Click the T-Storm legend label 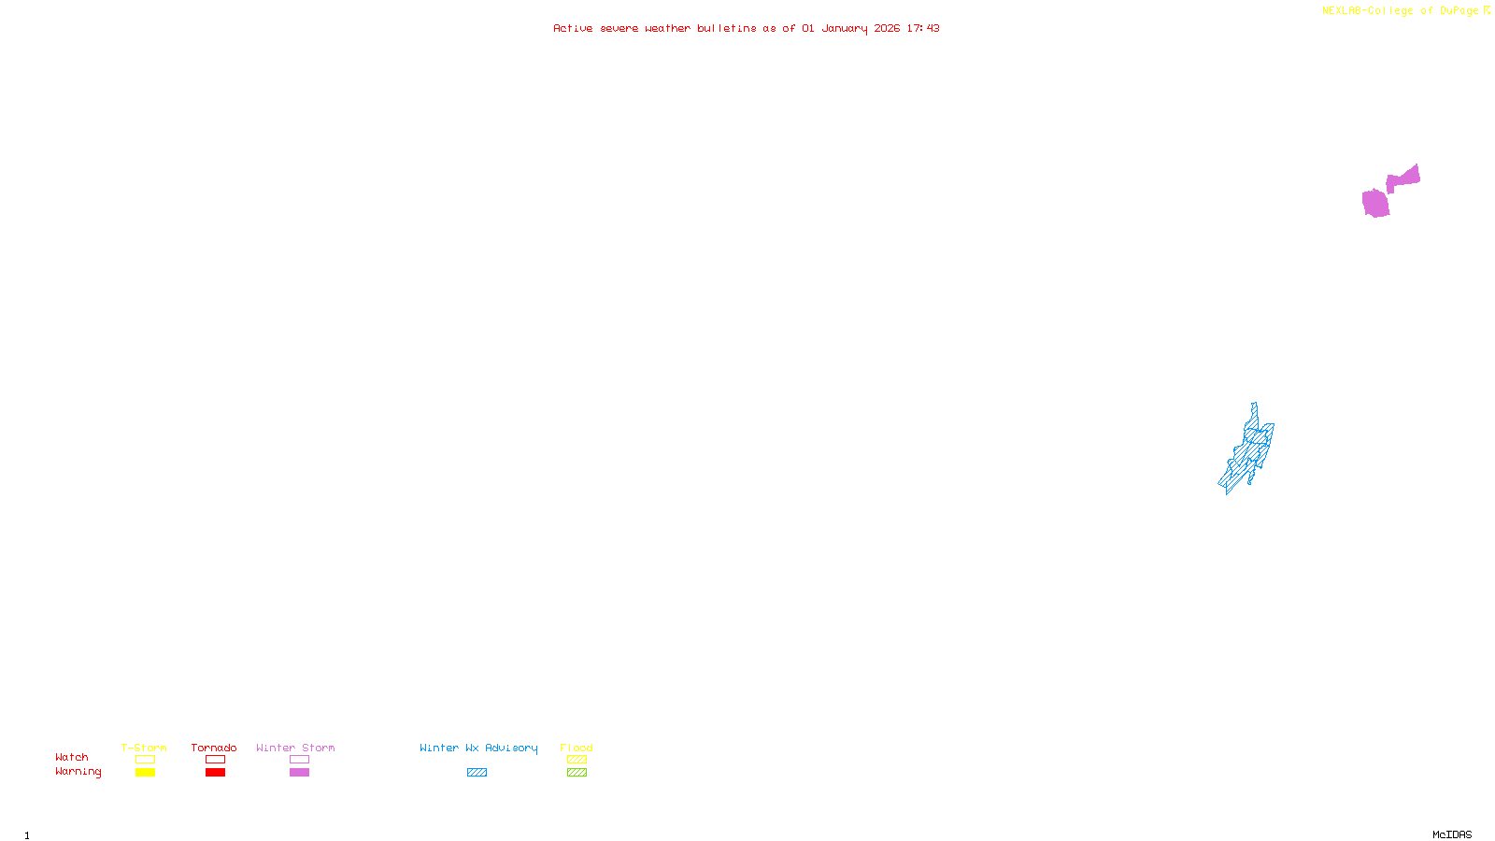144,748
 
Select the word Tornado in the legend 214,748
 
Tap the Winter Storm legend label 295,748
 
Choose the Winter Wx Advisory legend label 478,748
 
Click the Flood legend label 577,748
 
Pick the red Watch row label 72,757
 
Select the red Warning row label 78,772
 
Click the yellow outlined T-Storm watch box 145,760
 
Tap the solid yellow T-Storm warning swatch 145,773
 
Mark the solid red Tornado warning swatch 216,773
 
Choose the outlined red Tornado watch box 216,760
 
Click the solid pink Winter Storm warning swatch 299,773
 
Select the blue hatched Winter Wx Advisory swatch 477,773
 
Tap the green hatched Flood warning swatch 577,773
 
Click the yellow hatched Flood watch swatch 577,760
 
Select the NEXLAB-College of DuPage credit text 1401,11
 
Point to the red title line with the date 746,29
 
